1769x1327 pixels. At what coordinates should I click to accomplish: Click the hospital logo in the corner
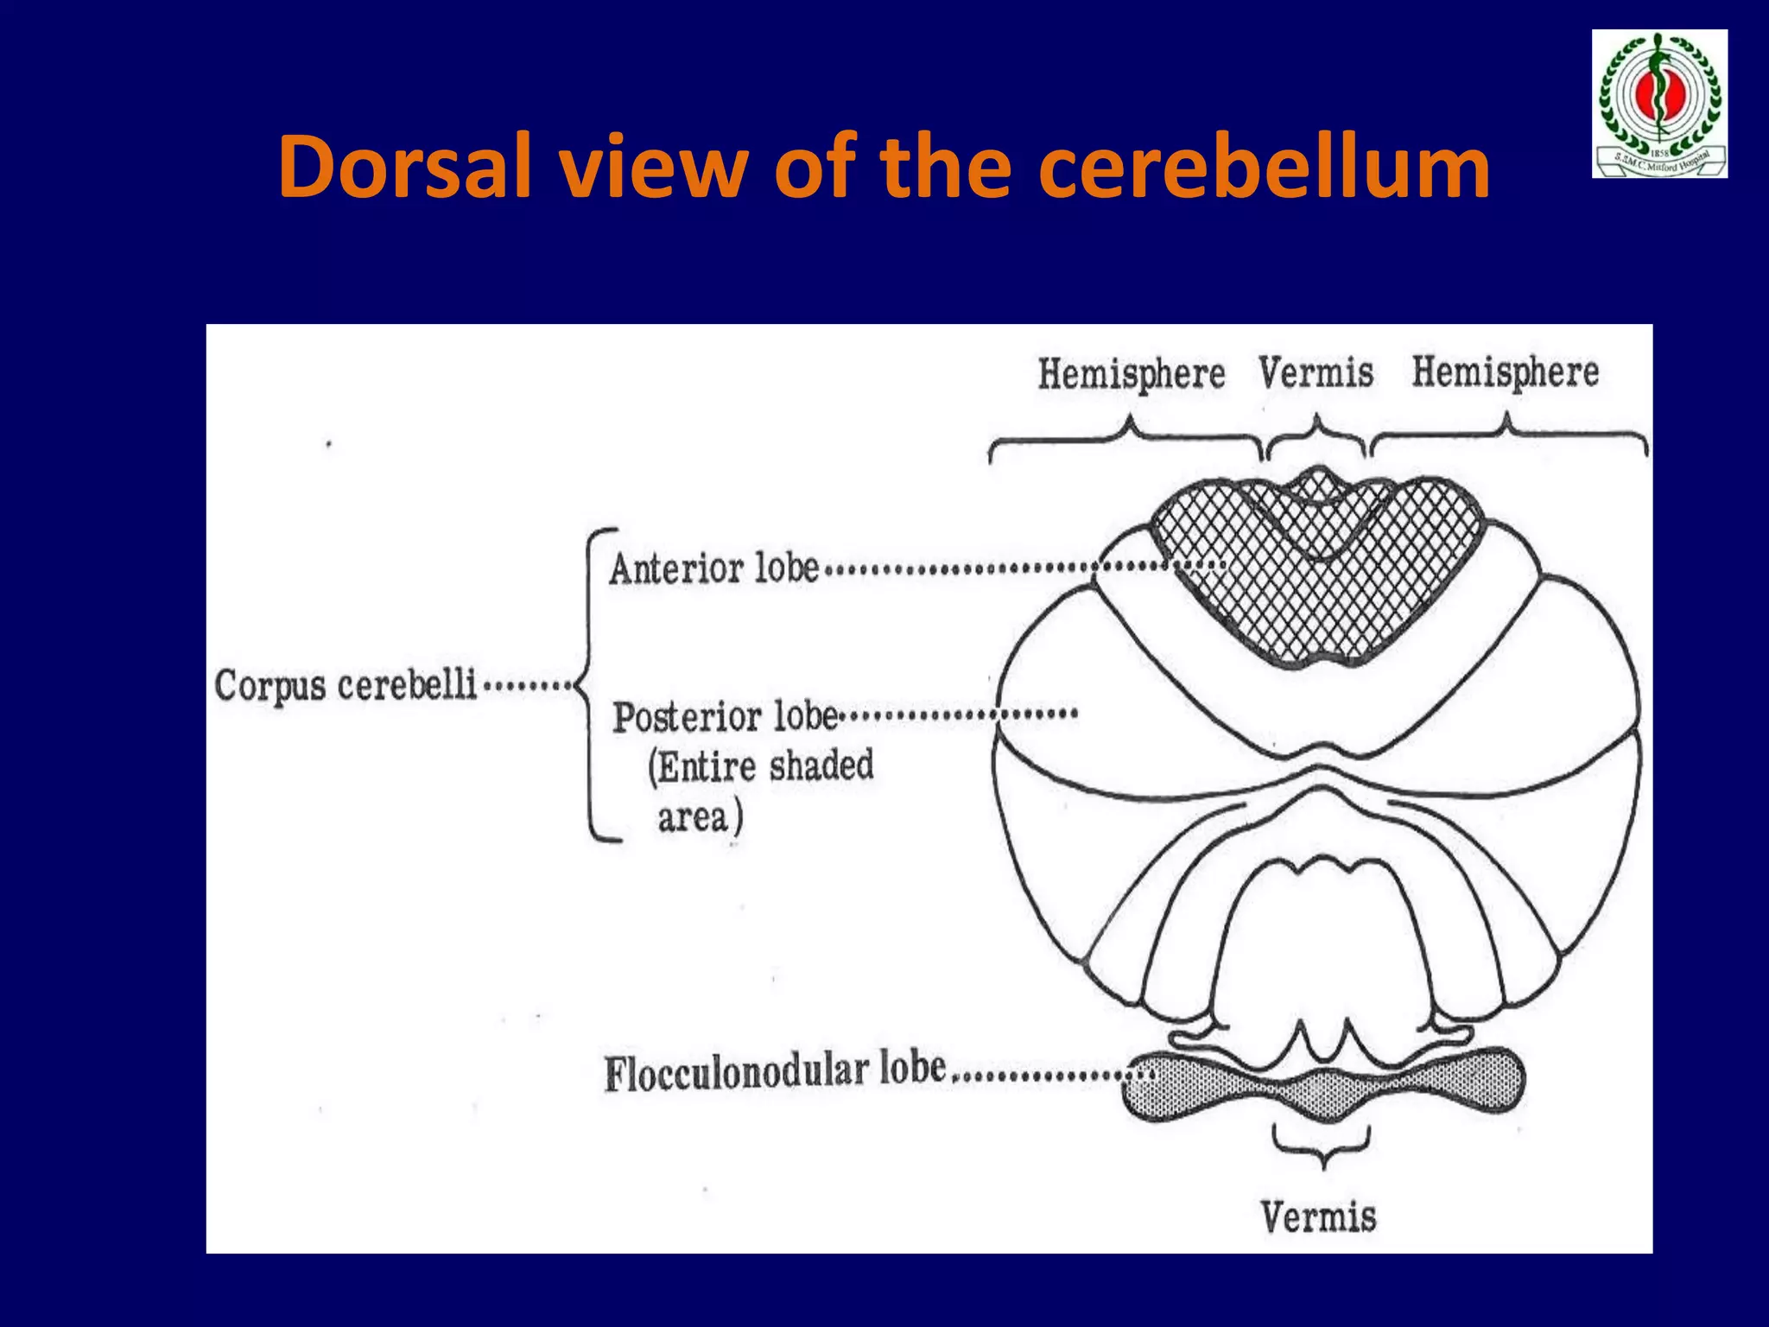click(x=1659, y=104)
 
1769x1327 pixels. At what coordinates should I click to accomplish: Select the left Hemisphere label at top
click(x=1131, y=374)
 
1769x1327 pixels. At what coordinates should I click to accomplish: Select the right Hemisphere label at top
click(x=1506, y=372)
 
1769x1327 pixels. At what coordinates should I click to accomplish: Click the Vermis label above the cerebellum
click(x=1316, y=372)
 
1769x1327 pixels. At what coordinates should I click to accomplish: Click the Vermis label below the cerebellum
click(x=1318, y=1216)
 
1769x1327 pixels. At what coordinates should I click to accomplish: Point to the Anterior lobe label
click(x=713, y=568)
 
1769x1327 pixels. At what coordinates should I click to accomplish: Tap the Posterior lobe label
click(x=725, y=717)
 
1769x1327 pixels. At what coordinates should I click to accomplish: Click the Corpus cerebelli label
click(x=346, y=686)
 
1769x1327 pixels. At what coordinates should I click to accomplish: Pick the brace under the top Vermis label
click(x=1316, y=435)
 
